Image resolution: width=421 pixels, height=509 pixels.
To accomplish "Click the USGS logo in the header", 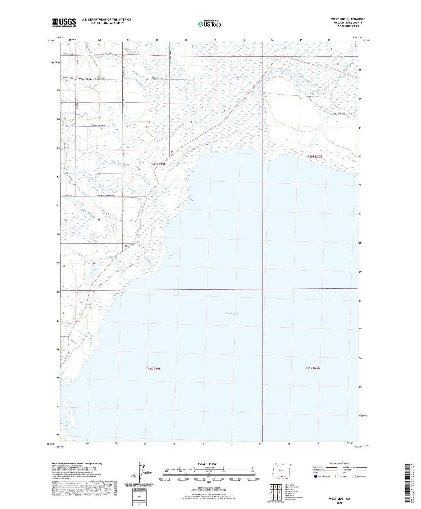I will tap(64, 22).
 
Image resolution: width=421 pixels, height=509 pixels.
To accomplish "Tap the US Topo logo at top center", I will tap(209, 24).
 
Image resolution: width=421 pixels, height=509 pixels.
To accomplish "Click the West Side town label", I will tap(85, 79).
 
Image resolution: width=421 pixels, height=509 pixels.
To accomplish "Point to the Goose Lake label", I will tap(232, 313).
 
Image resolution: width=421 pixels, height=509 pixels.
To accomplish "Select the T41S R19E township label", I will tap(153, 368).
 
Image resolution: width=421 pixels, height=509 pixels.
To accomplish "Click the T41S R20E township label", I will tap(312, 368).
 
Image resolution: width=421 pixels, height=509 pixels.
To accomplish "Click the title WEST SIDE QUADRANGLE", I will tap(348, 19).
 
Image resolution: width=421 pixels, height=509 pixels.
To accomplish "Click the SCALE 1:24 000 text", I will tap(207, 464).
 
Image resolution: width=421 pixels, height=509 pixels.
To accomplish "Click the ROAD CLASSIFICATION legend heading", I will tap(339, 463).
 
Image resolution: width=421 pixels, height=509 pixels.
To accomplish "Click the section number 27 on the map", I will tap(132, 220).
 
